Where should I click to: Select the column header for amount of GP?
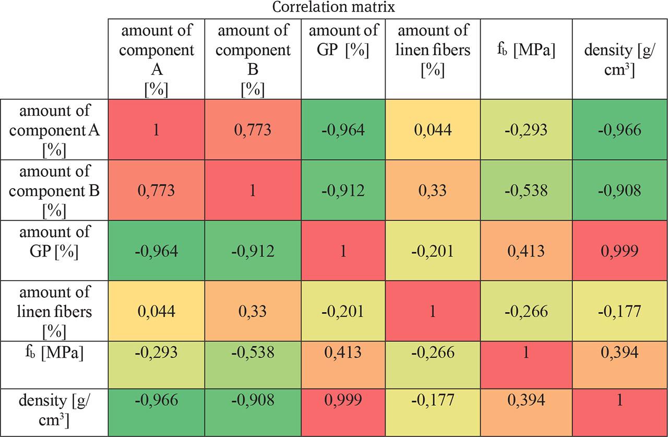(x=343, y=41)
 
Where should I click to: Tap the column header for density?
(x=619, y=60)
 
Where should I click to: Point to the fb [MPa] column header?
(x=526, y=51)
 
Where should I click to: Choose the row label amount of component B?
(x=54, y=190)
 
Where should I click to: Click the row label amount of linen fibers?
(x=54, y=311)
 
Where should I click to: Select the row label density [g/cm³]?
(x=54, y=410)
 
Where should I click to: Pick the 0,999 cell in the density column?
(x=619, y=251)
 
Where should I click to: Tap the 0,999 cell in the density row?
(x=343, y=400)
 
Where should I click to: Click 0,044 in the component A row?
(x=433, y=130)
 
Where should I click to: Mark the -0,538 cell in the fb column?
(x=526, y=190)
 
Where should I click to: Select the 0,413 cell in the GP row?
(x=526, y=251)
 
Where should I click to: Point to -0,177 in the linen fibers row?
(x=619, y=311)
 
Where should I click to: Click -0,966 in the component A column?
(x=156, y=400)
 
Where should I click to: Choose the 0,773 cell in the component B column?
(x=253, y=130)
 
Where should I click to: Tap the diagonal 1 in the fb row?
(x=526, y=353)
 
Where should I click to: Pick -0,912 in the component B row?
(x=343, y=190)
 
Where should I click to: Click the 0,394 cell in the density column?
(x=619, y=353)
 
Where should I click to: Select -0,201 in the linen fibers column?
(x=433, y=251)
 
